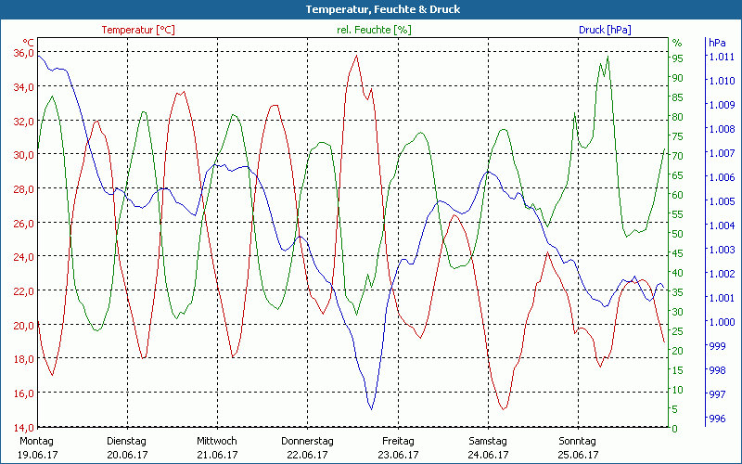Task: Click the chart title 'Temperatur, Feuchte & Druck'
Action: (370, 9)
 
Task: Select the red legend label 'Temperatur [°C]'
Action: (138, 30)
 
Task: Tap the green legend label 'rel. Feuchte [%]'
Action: (374, 30)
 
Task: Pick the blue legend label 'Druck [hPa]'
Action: (605, 30)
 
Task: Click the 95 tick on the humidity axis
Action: (677, 58)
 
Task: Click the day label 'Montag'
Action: (36, 441)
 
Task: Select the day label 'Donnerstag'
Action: (307, 441)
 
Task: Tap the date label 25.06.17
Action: (578, 455)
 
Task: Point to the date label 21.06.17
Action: (217, 455)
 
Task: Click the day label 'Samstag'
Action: (488, 441)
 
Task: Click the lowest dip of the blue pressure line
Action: (371, 408)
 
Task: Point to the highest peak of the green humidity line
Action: (608, 58)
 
